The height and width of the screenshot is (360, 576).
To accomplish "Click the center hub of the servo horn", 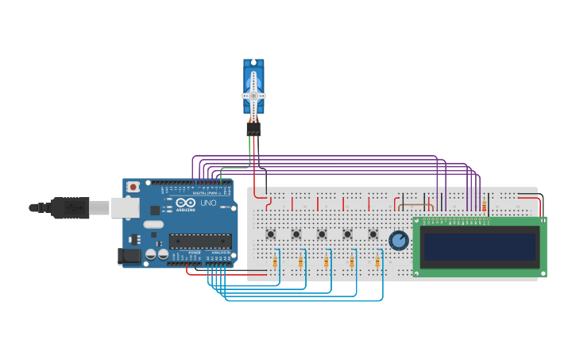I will point(253,95).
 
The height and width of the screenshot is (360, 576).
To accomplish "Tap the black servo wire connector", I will point(253,127).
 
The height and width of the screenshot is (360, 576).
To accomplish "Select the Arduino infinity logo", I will point(186,203).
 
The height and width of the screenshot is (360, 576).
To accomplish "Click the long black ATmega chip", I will point(200,241).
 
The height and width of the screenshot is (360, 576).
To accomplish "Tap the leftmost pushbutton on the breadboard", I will point(271,234).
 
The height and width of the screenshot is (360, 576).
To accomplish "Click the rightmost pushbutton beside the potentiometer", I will point(373,234).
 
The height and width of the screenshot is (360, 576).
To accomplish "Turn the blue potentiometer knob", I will point(398,240).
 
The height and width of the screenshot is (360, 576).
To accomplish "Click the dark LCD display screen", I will point(480,246).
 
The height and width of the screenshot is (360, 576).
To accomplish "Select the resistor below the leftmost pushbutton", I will point(275,261).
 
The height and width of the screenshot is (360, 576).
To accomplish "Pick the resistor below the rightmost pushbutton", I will point(377,261).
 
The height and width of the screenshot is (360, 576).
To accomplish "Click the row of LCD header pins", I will point(453,219).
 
